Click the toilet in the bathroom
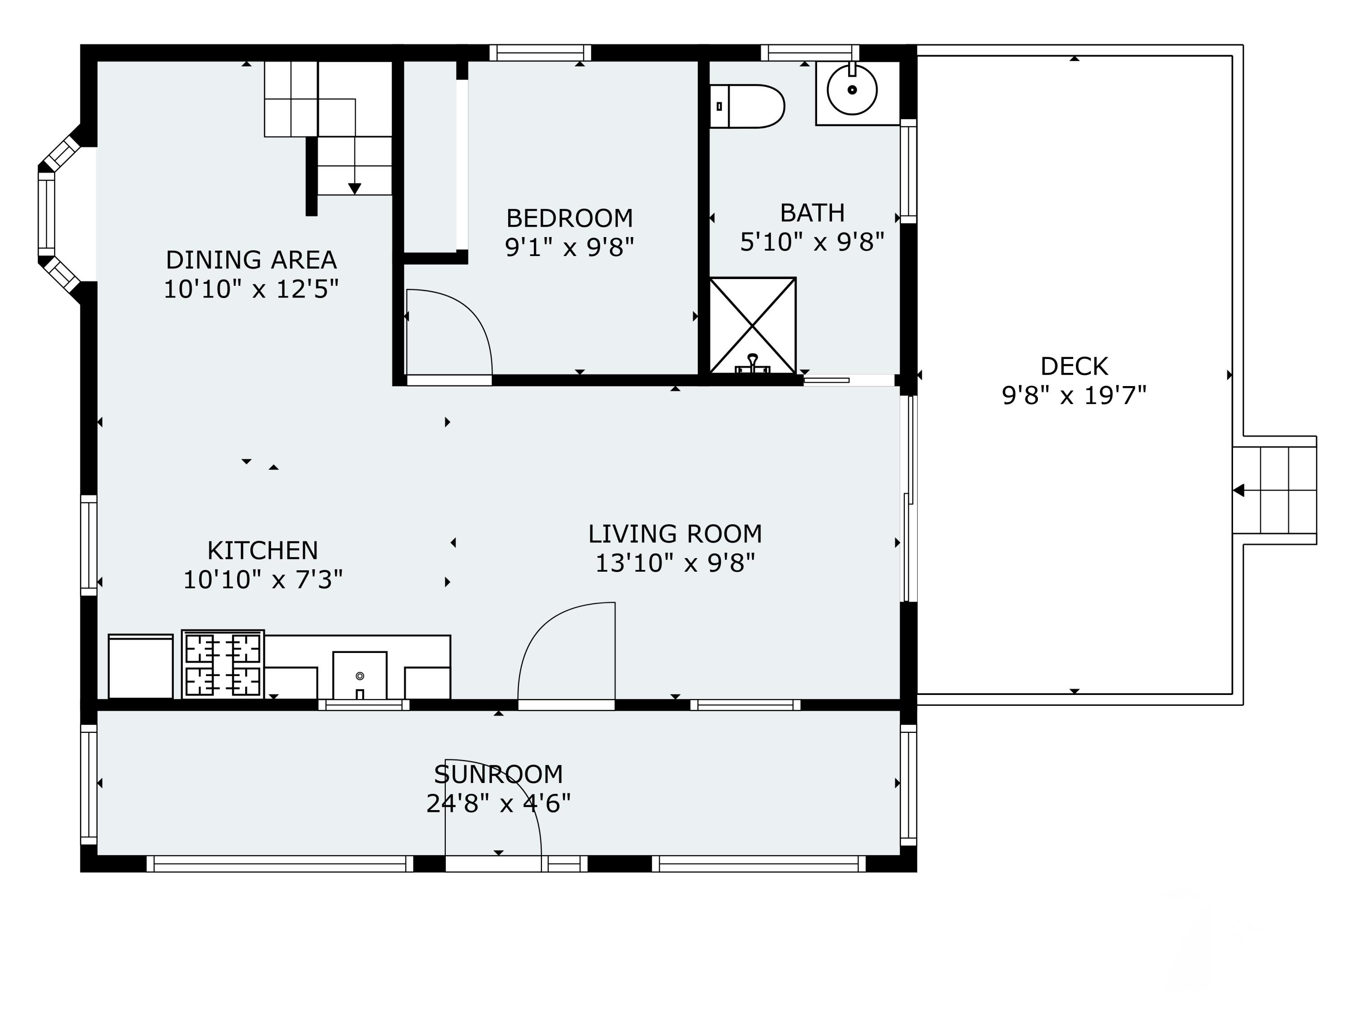click(x=747, y=107)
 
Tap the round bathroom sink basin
click(x=852, y=90)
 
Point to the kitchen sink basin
click(x=360, y=676)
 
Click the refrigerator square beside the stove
click(x=141, y=666)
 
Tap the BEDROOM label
click(x=570, y=218)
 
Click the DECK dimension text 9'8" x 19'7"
click(x=1074, y=396)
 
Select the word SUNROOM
click(x=499, y=775)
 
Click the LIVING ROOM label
click(x=675, y=534)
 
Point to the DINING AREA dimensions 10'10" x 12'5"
click(x=251, y=289)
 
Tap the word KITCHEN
click(x=263, y=550)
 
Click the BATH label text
click(x=812, y=213)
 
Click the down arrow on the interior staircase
click(x=355, y=189)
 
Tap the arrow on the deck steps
click(x=1238, y=490)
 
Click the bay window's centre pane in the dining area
click(x=47, y=214)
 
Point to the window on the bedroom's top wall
click(x=540, y=53)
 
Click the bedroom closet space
click(x=430, y=156)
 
